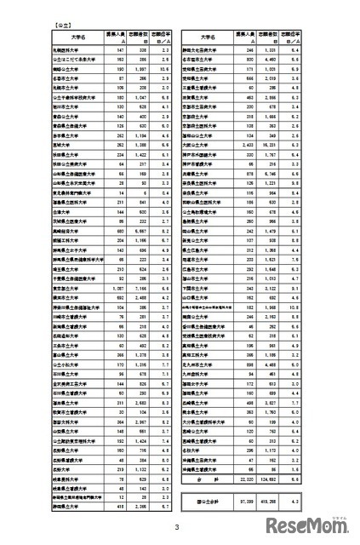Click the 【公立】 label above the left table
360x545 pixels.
pyautogui.click(x=60, y=26)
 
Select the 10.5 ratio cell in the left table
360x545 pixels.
pyautogui.click(x=167, y=65)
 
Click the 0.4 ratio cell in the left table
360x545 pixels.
pyautogui.click(x=167, y=217)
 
